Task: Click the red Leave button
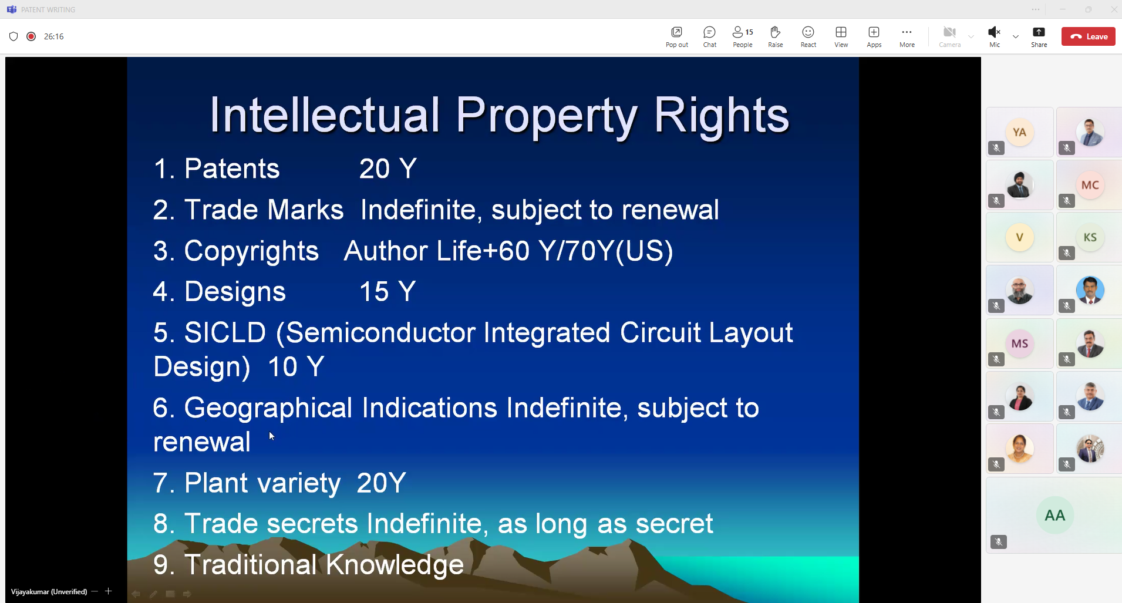[1088, 36]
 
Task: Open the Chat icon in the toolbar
[709, 32]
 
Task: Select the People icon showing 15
[742, 32]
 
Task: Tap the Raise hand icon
[775, 32]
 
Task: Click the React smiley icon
[808, 32]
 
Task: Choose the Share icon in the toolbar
[1039, 32]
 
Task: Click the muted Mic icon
[994, 32]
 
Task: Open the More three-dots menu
[907, 32]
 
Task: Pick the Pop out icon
[676, 32]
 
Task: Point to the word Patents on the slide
[232, 169]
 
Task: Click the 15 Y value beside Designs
[388, 292]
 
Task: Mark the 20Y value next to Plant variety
[381, 483]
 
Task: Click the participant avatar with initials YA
[1020, 133]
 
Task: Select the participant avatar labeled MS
[1020, 343]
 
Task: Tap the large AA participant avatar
[1054, 516]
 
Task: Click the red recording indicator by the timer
[31, 36]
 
